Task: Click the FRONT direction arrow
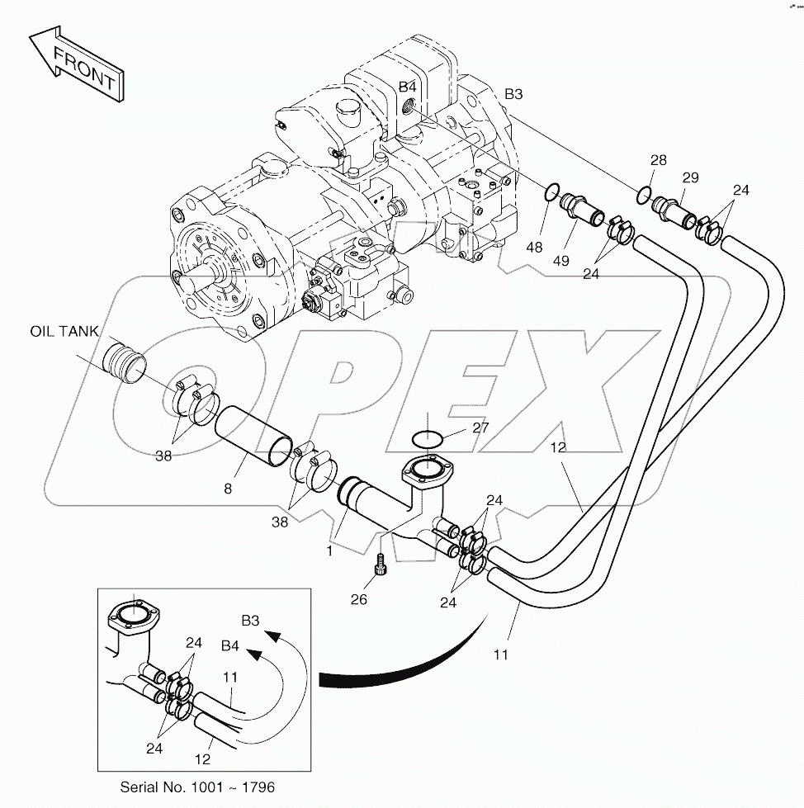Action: [76, 66]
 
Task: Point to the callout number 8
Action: [228, 488]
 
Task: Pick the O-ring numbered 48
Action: [550, 193]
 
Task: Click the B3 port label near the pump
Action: [513, 94]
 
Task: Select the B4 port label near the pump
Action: [408, 87]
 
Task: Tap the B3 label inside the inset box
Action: [252, 620]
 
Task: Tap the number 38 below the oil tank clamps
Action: [163, 455]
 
